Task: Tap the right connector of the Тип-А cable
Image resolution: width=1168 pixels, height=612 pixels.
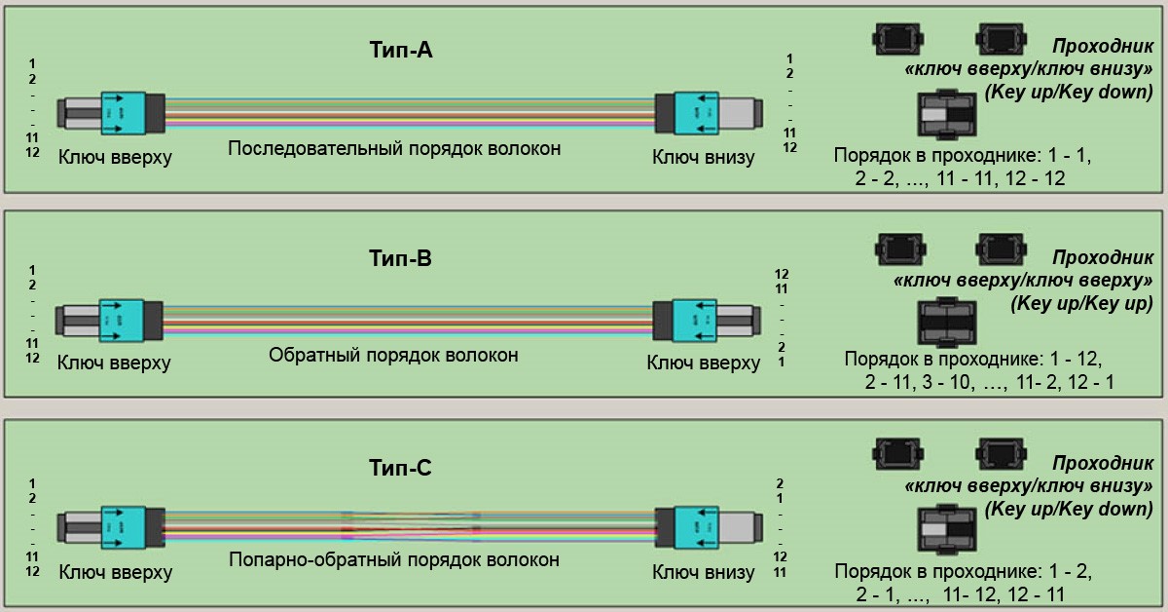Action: pos(706,112)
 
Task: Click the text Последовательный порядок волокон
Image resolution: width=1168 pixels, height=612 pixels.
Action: pos(394,149)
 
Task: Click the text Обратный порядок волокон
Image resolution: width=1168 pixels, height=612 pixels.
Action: pos(393,355)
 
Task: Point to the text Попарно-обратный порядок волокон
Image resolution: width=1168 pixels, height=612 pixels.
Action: pos(394,560)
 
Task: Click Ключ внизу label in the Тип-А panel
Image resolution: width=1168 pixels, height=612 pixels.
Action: pos(703,157)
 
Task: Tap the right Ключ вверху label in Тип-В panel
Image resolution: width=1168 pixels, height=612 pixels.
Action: pos(703,363)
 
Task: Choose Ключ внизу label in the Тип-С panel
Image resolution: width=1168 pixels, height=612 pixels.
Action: pos(703,571)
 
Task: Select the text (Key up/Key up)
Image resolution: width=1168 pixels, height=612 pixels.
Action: pos(1080,303)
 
